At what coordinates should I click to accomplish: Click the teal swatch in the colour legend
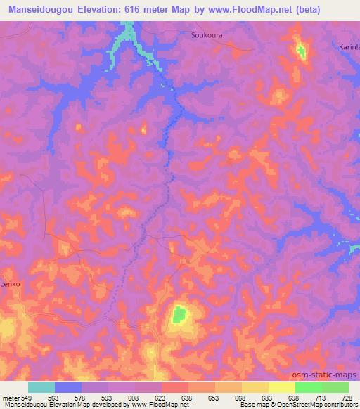point(41,387)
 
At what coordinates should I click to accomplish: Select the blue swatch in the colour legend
point(68,387)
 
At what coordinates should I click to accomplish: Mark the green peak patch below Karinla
point(301,51)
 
